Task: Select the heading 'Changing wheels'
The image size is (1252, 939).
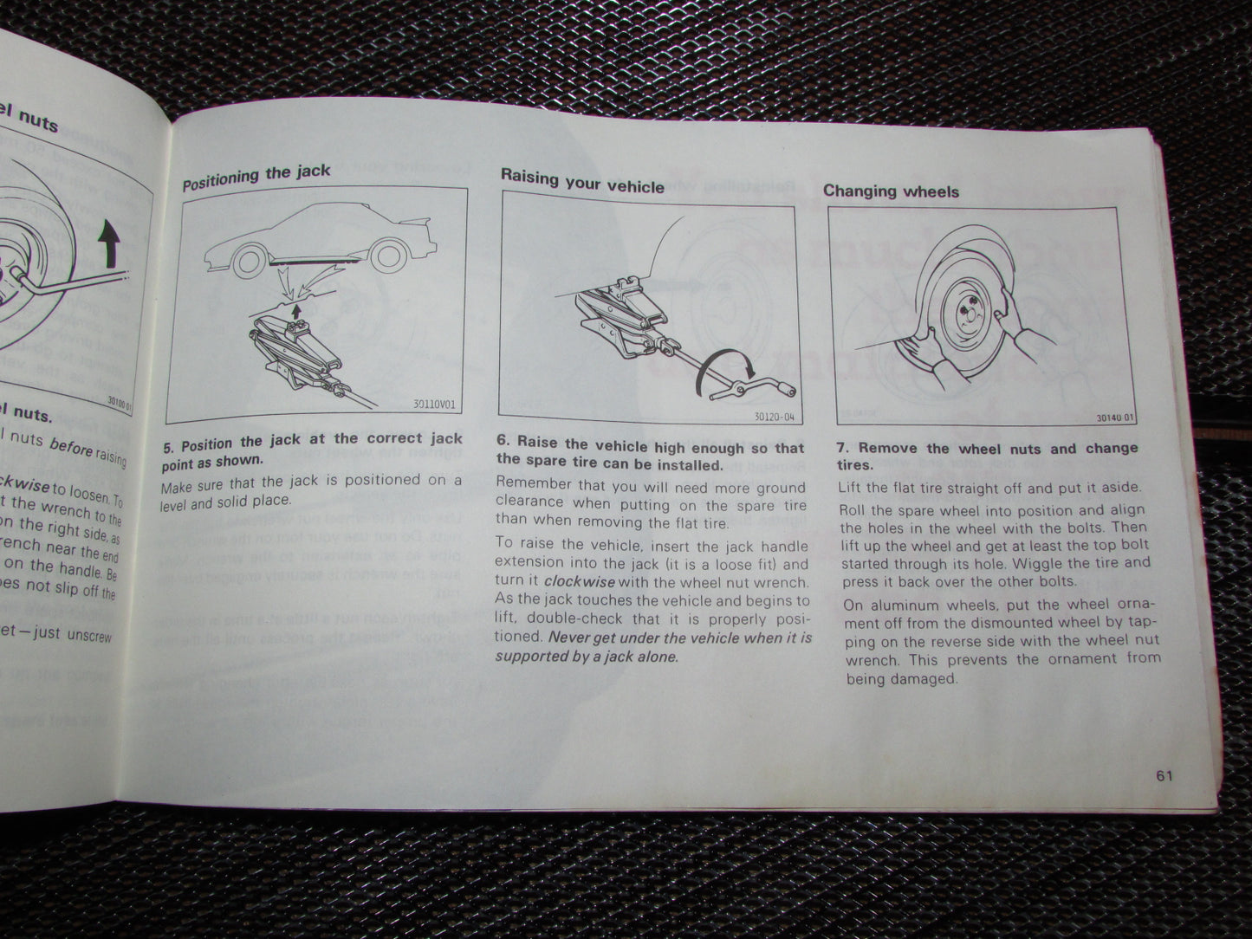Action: point(891,191)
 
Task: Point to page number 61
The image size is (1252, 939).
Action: point(1164,776)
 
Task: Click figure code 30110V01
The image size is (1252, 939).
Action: point(436,402)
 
